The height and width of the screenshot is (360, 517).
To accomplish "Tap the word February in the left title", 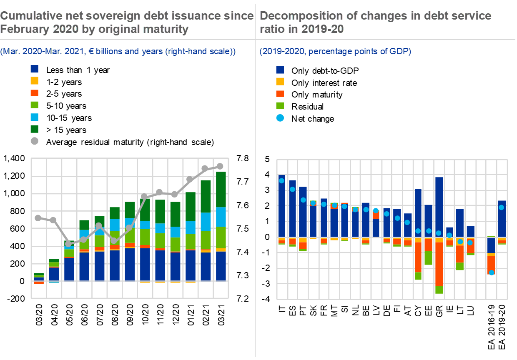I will (26, 29).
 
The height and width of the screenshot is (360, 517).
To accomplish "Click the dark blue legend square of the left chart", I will (35, 69).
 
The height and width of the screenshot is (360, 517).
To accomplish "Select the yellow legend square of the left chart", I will (35, 81).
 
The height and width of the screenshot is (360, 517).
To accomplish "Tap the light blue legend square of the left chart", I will (35, 117).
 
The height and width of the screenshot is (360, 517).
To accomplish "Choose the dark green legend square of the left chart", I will (35, 129).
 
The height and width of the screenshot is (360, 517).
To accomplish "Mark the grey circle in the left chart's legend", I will (35, 141).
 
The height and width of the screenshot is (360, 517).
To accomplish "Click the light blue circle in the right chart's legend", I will (280, 118).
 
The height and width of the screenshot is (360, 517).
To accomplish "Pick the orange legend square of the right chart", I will (280, 94).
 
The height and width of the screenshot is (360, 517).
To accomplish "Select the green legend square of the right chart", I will (280, 106).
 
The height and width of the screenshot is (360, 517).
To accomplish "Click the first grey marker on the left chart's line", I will (38, 217).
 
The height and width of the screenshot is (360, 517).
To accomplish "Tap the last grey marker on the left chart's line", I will (220, 166).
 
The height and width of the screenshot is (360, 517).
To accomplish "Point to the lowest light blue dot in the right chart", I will (492, 272).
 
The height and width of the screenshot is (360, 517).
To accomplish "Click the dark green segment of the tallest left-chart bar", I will (221, 189).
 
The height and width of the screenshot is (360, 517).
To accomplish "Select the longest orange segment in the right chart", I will (439, 264).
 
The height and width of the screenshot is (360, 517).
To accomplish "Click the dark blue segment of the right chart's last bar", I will (502, 219).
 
